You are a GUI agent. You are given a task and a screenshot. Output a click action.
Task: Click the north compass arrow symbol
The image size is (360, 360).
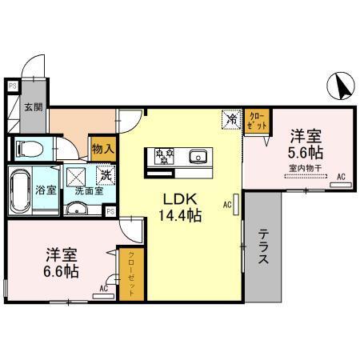tap(340, 84)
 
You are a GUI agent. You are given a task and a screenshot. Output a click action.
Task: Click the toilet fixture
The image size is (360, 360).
tap(29, 149)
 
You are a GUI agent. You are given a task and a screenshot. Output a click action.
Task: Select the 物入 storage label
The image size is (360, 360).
tap(102, 148)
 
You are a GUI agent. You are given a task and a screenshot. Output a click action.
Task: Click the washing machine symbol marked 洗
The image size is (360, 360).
tap(104, 175)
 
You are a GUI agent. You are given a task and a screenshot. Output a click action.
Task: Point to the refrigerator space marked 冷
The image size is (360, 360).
tap(231, 120)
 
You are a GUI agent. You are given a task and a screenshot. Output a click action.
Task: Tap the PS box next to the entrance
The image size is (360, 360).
tap(12, 84)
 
